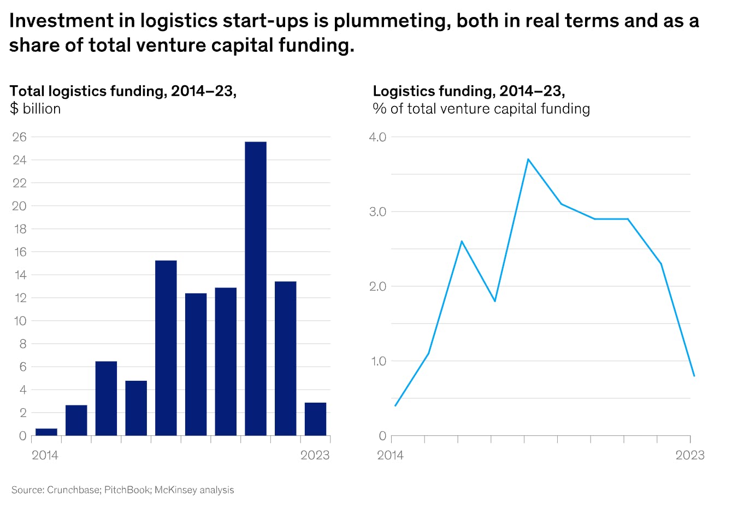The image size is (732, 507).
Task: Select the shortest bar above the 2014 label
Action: coord(46,432)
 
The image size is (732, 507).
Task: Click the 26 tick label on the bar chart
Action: coord(20,137)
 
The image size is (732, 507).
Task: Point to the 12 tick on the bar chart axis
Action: coord(20,298)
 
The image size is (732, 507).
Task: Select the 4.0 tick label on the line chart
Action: coord(377,137)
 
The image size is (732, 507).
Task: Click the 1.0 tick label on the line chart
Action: coord(377,361)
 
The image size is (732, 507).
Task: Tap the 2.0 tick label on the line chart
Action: coord(377,286)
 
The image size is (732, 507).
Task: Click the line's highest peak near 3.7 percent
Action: coord(528,159)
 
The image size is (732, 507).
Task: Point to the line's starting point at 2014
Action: coord(395,405)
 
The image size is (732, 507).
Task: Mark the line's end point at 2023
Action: coord(694,376)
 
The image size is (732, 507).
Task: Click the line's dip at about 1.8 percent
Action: coord(495,301)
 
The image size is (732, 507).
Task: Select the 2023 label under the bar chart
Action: coord(315,455)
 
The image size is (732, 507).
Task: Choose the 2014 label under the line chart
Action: coord(390,455)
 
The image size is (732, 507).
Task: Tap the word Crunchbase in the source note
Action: coord(73,490)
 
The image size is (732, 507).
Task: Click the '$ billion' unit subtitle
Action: coord(36,109)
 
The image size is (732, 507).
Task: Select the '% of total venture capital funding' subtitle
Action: coord(481,109)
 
